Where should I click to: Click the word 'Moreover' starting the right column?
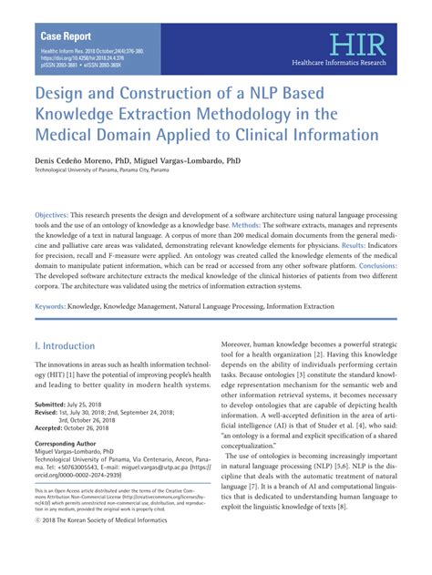[x=242, y=346]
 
